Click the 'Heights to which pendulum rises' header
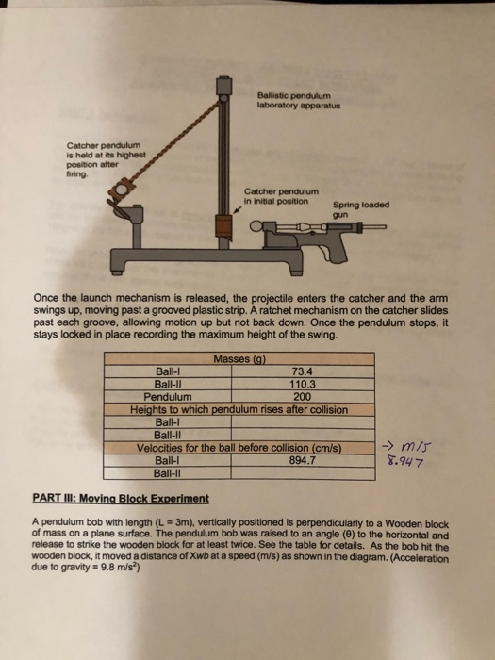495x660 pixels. coord(239,409)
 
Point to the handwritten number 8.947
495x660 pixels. coord(408,462)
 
